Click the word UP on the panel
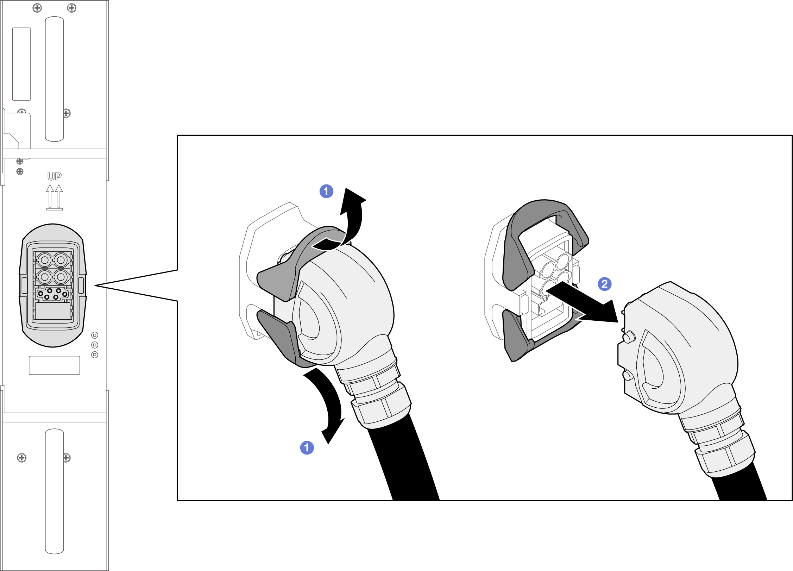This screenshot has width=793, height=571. point(55,176)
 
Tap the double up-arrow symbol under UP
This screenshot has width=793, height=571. point(55,197)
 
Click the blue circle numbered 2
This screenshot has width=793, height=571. point(604,284)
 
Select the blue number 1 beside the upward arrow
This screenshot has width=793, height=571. point(326,191)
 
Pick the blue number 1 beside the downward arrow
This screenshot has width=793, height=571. point(307,447)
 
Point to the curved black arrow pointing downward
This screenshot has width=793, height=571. point(331,401)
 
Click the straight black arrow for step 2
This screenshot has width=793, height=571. point(584,303)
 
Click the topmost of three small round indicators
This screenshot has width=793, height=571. point(95,335)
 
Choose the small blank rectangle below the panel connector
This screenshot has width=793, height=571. point(55,365)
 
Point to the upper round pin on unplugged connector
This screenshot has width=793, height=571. point(629,337)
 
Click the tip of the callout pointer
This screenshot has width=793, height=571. point(95,285)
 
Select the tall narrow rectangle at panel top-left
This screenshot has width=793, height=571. point(21,64)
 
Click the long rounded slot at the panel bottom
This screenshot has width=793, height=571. point(55,491)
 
